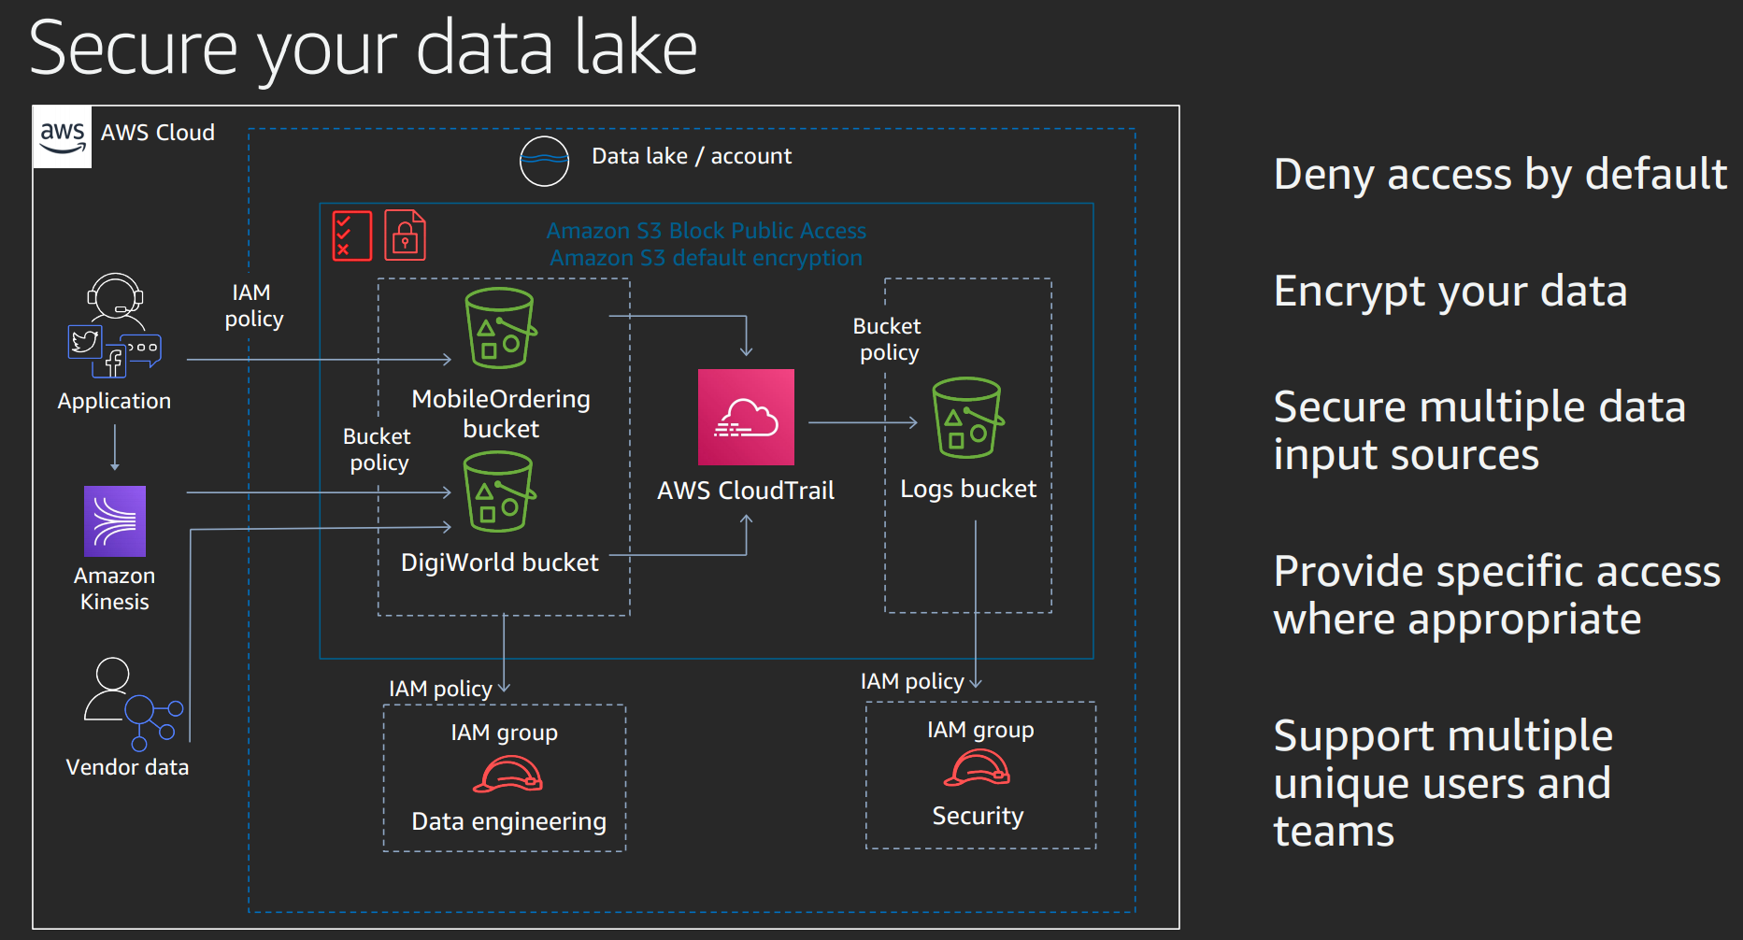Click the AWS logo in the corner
point(63,137)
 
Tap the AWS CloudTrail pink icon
point(746,417)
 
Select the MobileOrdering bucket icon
point(500,328)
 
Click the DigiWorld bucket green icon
point(499,491)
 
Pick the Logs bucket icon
point(967,418)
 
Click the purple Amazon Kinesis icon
point(115,521)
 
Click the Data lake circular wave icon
point(544,161)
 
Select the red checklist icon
point(352,235)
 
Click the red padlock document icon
point(405,235)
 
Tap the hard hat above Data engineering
point(507,775)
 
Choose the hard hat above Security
point(977,769)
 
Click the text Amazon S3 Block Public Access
point(706,231)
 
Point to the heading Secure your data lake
point(364,49)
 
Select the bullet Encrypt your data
point(1450,292)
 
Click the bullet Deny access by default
point(1500,175)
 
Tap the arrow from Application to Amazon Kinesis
point(115,448)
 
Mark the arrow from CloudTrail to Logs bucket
point(862,422)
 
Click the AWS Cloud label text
point(158,133)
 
